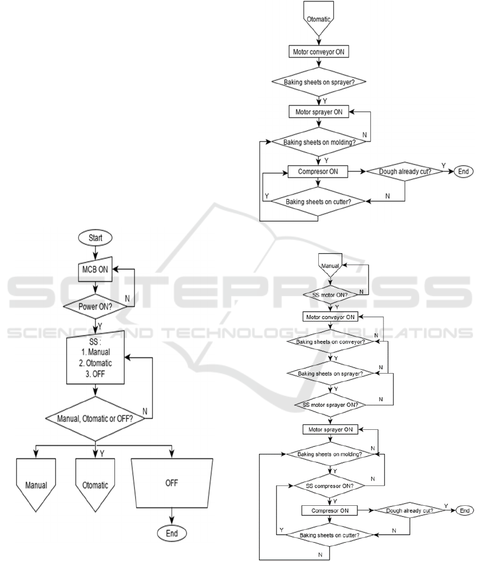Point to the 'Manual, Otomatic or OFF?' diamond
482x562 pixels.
[x=96, y=418]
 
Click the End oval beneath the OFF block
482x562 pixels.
[x=172, y=533]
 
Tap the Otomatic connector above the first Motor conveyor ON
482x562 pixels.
[x=319, y=19]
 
